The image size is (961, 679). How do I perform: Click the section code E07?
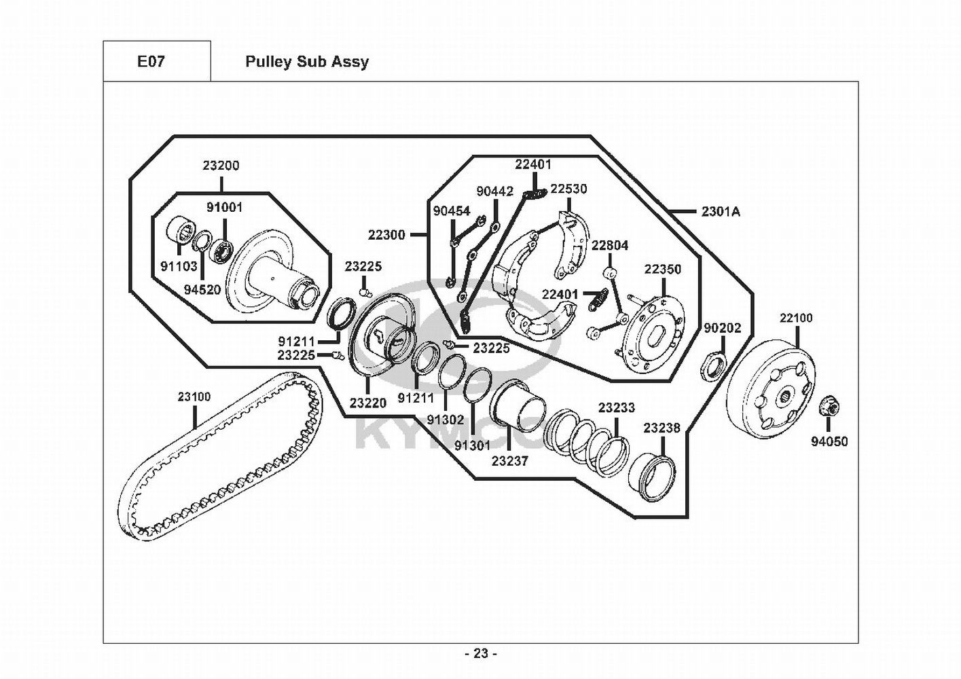coord(151,61)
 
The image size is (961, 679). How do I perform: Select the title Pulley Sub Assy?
coord(307,62)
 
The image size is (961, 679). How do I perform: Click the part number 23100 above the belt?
coord(194,397)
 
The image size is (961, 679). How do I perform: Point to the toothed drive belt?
coord(219,456)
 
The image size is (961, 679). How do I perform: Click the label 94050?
coord(829,441)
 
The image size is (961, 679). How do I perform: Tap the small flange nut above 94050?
coord(829,406)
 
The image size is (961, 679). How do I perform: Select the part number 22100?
coord(796,318)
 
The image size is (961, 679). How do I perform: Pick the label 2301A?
coord(721,211)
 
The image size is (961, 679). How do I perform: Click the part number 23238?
coord(661,428)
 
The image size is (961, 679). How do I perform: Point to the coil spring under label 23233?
coord(586,444)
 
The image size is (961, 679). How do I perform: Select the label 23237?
coord(509,461)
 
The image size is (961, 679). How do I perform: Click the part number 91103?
coord(179,266)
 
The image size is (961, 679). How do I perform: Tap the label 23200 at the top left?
coord(221,165)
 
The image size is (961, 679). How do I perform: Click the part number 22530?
coord(569,189)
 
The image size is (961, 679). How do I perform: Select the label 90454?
coord(452,210)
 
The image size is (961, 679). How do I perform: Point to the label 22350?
coord(662,270)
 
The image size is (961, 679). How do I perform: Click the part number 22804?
coord(610,245)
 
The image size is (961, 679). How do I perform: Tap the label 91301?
coord(472,445)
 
